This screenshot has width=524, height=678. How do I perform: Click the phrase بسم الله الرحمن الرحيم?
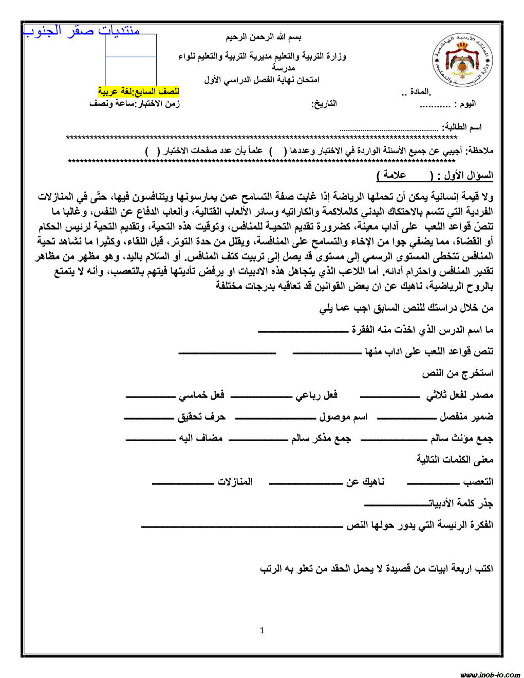tap(264, 37)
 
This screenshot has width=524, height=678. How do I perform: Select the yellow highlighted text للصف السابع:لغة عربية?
tap(139, 91)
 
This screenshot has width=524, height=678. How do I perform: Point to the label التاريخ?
tap(324, 104)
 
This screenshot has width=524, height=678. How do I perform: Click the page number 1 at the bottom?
tap(262, 630)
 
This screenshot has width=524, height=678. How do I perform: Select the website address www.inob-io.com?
tap(490, 674)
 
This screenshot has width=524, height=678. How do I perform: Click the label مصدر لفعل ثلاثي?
tap(459, 395)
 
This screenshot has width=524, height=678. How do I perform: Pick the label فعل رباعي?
tap(316, 395)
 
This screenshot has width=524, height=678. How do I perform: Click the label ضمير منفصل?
tap(466, 417)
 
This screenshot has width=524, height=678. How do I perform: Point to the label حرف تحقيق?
tap(201, 417)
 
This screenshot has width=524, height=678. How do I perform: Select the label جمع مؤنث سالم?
tap(461, 439)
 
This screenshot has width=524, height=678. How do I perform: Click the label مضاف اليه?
tap(200, 439)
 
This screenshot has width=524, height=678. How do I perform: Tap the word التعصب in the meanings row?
tap(478, 482)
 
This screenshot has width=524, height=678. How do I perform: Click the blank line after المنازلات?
tap(182, 483)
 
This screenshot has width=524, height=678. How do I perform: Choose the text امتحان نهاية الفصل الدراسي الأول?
tap(261, 80)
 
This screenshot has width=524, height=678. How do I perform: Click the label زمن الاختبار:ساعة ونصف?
tap(135, 104)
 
